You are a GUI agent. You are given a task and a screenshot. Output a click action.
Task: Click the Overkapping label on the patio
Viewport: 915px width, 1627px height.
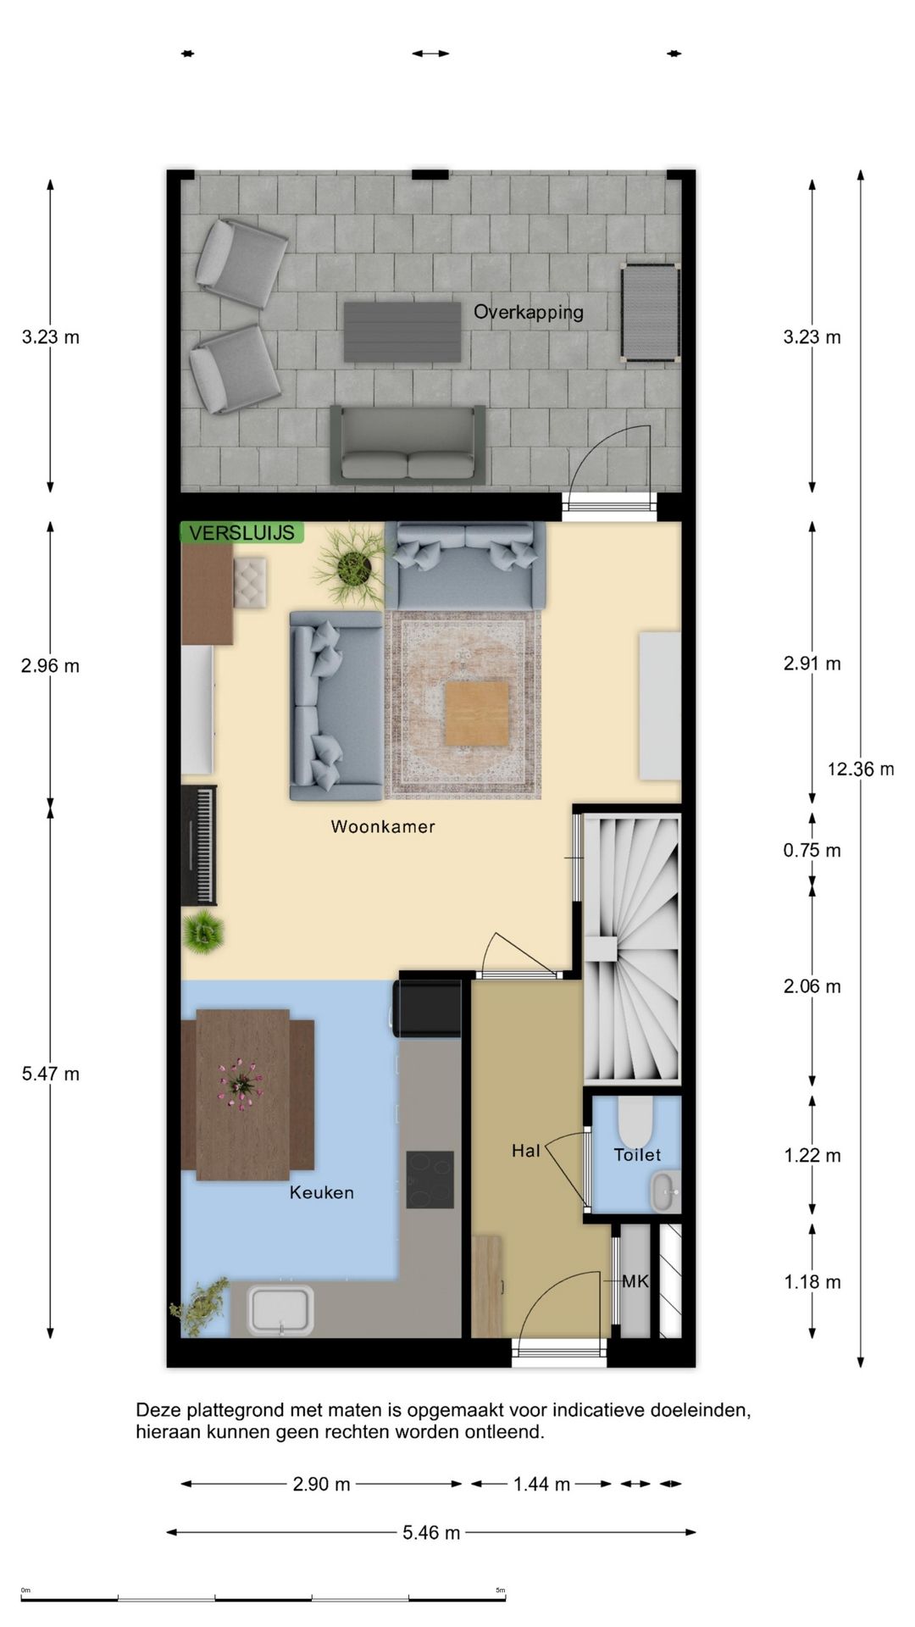(x=528, y=313)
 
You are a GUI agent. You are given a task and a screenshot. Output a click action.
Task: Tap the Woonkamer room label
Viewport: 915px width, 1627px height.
(x=383, y=826)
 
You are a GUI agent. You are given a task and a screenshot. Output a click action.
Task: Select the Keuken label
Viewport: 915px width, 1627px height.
(x=322, y=1192)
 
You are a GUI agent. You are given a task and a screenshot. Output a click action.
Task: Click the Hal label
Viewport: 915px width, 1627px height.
(x=525, y=1151)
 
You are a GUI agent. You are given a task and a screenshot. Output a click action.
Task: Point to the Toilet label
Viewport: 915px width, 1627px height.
(x=637, y=1154)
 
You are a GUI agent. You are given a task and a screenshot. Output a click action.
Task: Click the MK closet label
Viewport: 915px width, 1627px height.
(x=635, y=1281)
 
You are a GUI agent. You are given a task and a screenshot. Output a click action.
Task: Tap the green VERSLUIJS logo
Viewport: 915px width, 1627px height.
(x=242, y=533)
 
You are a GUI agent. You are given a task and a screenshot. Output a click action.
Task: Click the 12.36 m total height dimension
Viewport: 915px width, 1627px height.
(x=861, y=769)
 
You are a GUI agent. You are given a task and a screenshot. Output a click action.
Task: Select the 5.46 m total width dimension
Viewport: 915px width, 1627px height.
(x=431, y=1532)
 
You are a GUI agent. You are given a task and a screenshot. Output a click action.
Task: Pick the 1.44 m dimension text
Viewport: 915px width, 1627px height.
(x=541, y=1484)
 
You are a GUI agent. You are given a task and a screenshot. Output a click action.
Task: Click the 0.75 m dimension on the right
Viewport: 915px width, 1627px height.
(x=812, y=851)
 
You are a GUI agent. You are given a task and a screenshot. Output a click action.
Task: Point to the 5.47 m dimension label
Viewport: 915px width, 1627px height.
(x=51, y=1074)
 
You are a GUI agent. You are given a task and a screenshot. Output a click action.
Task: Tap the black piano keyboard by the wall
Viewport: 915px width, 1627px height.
(x=199, y=846)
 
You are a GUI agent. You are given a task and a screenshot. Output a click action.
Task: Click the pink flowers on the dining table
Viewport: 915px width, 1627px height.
(x=241, y=1084)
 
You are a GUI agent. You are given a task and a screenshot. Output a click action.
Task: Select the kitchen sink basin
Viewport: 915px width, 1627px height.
(x=280, y=1310)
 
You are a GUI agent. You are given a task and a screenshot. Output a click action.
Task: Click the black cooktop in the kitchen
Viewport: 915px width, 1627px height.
(x=430, y=1180)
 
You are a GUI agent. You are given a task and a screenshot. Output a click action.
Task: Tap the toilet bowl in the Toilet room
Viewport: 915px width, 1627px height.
(x=635, y=1120)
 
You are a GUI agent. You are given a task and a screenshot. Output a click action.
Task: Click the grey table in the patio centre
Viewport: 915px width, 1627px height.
(x=402, y=332)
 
